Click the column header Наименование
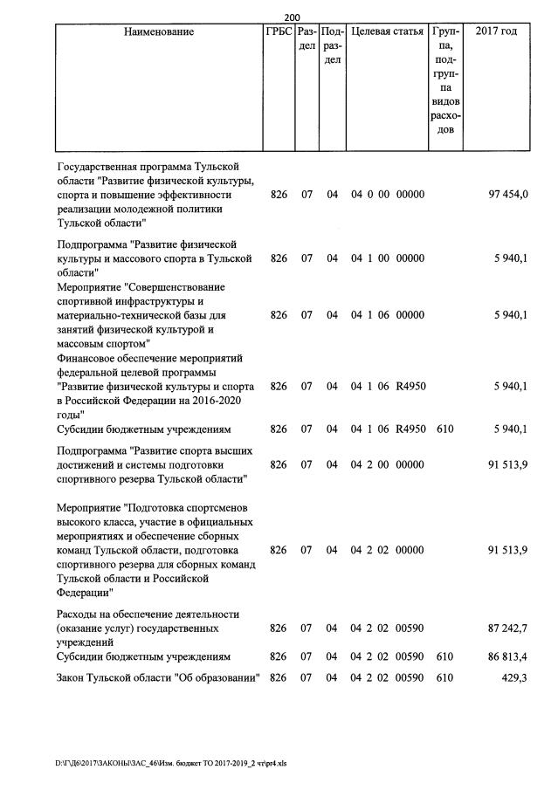coord(159,32)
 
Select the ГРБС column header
coord(279,32)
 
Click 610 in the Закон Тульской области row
coord(444,678)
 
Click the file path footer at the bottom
coord(170,762)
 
